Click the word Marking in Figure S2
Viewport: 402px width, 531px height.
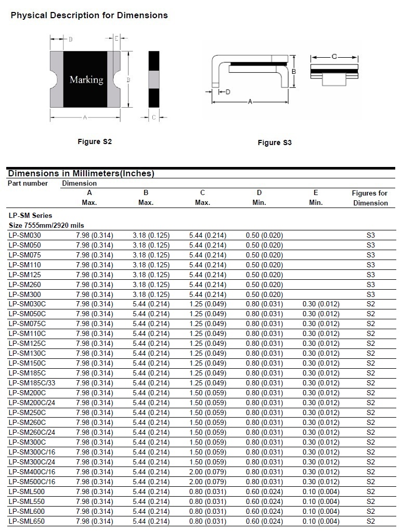[x=86, y=80]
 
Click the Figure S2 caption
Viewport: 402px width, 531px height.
[x=95, y=141]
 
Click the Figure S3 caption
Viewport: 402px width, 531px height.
[x=275, y=143]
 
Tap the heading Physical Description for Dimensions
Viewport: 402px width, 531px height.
[x=89, y=16]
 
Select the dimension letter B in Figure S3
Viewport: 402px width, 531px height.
[x=294, y=71]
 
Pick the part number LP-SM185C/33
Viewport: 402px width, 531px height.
[x=31, y=383]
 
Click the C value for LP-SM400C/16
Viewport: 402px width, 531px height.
[x=208, y=472]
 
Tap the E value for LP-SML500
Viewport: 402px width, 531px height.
[x=321, y=491]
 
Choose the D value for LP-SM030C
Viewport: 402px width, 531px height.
[x=264, y=304]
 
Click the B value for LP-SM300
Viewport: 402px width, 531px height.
[x=151, y=294]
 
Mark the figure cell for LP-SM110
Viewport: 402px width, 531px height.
[x=370, y=265]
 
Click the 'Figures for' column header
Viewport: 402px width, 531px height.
[x=370, y=193]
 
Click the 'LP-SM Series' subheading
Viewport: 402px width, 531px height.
[x=30, y=215]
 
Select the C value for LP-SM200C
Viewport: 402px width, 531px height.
[x=208, y=393]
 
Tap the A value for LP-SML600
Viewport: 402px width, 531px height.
[x=94, y=511]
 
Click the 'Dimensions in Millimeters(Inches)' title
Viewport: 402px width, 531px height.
[x=81, y=174]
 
